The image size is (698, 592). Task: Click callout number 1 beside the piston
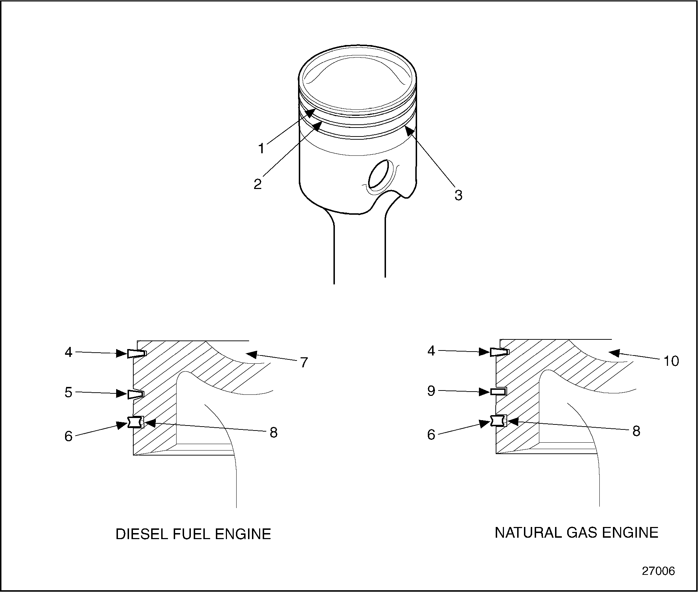click(261, 148)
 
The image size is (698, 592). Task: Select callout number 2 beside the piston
click(257, 184)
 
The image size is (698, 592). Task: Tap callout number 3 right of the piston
click(458, 195)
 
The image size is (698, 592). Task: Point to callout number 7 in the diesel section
click(304, 362)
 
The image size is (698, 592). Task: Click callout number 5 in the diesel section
click(68, 392)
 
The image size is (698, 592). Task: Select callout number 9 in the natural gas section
click(431, 391)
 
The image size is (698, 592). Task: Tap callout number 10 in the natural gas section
click(671, 361)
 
